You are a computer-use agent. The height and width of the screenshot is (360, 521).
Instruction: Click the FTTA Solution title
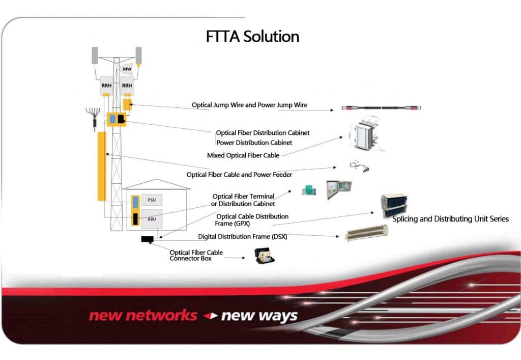252,37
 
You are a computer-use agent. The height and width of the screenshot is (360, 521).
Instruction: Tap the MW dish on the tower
127,68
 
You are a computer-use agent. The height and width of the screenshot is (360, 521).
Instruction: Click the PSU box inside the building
152,200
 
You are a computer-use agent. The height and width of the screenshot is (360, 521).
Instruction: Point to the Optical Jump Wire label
249,105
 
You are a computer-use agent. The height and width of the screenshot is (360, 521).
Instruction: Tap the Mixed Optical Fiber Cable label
243,155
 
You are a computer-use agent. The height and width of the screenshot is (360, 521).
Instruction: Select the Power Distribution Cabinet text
254,143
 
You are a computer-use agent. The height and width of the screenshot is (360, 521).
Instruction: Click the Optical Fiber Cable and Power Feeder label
239,175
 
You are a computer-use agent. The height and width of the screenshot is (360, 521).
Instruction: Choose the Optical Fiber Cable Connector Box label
196,256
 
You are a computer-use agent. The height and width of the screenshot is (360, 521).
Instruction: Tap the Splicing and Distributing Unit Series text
450,219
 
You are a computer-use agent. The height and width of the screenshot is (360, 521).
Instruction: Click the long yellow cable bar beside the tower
101,165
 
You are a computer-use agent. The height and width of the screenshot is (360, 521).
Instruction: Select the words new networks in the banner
142,316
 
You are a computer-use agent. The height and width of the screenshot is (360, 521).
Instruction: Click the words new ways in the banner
259,316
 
